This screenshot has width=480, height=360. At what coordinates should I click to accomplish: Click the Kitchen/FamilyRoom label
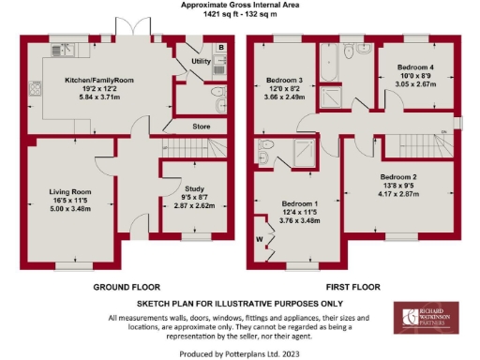pyautogui.click(x=99, y=82)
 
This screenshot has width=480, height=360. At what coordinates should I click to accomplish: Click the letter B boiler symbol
pyautogui.click(x=220, y=47)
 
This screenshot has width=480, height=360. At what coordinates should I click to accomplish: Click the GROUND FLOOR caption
pyautogui.click(x=127, y=287)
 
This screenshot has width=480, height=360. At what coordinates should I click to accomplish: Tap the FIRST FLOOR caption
pyautogui.click(x=353, y=287)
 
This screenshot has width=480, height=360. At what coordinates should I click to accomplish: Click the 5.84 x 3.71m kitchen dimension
pyautogui.click(x=99, y=97)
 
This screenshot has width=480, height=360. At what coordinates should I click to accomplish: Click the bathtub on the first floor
pyautogui.click(x=330, y=66)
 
